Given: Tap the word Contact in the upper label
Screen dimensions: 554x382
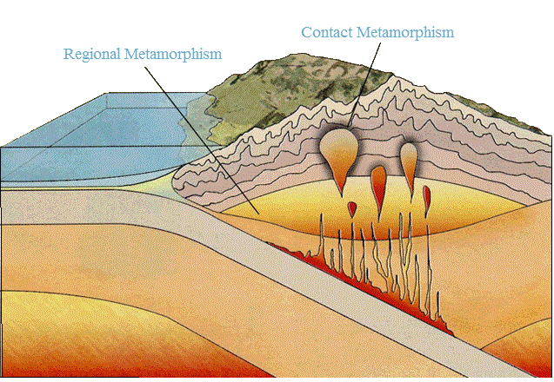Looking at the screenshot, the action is coord(327,32).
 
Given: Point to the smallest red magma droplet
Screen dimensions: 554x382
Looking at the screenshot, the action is coord(351,208).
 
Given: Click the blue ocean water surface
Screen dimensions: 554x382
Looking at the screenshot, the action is coord(96,130).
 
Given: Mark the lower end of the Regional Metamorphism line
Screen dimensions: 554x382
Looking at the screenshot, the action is coord(257,213).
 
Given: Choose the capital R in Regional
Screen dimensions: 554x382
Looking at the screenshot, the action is coord(69,54).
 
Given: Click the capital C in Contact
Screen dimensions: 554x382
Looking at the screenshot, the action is coord(306,32).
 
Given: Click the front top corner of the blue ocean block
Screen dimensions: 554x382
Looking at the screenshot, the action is coord(3,147).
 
